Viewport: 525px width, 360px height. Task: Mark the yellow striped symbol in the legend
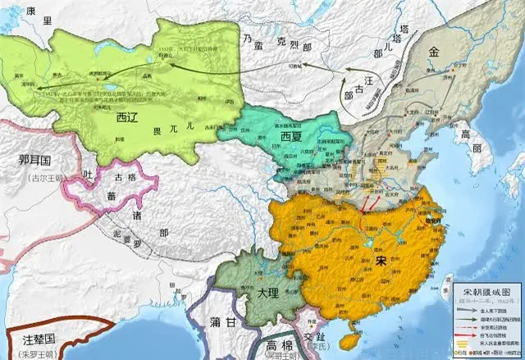464,344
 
